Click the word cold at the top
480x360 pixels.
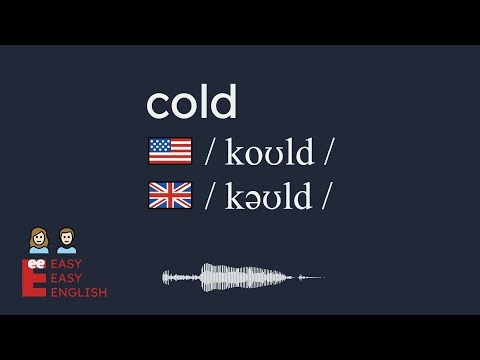(192, 102)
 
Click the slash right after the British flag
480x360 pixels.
(210, 196)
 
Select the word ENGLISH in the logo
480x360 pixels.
(80, 293)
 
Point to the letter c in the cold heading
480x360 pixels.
(157, 104)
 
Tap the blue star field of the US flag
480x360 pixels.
(156, 146)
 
